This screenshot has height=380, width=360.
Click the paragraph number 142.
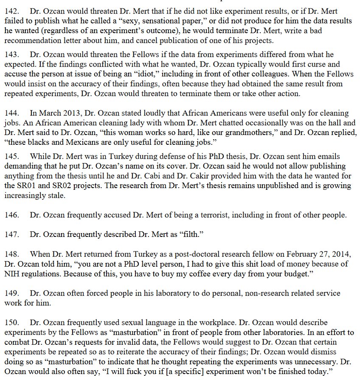(x=11, y=11)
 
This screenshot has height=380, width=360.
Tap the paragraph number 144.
(x=11, y=113)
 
